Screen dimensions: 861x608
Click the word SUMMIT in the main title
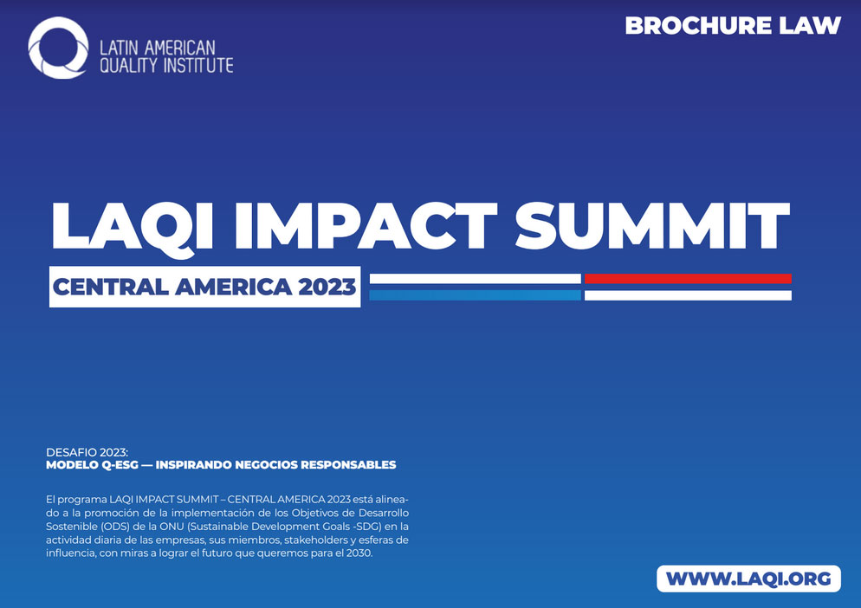point(652,225)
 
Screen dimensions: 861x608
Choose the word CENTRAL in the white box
point(110,287)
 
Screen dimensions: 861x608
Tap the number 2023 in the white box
point(327,287)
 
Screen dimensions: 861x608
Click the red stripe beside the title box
point(688,279)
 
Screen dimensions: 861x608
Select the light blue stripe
point(475,295)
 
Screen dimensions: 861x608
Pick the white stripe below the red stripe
point(688,295)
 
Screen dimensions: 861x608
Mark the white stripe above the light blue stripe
point(475,279)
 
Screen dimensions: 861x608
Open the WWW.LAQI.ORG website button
point(748,579)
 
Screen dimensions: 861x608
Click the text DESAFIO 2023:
point(87,453)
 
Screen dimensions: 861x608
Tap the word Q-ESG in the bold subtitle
point(120,465)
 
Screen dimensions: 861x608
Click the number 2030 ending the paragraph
point(359,553)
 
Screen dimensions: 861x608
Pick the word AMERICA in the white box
point(233,287)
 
